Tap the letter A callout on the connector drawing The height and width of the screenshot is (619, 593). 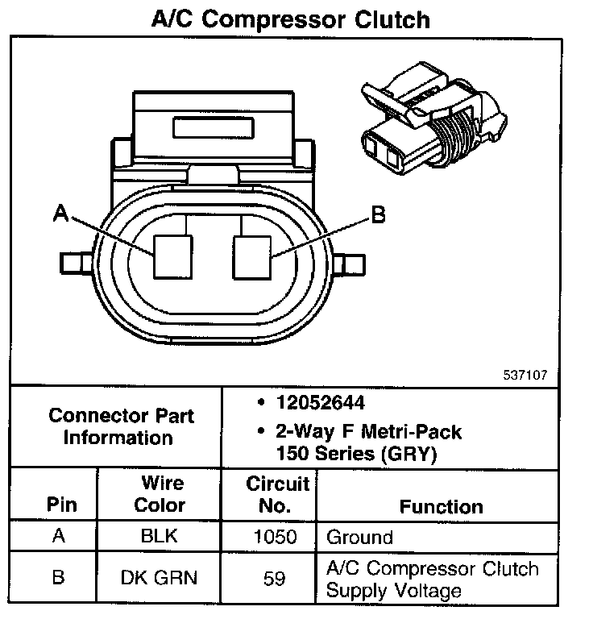click(60, 213)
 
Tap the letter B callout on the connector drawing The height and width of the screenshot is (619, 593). click(377, 214)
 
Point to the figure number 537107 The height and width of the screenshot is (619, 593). click(526, 375)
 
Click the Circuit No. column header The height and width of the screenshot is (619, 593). click(277, 494)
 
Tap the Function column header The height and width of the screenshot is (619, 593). click(441, 506)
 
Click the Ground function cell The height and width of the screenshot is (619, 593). click(359, 537)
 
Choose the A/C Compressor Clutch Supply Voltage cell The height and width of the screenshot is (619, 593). click(432, 579)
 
